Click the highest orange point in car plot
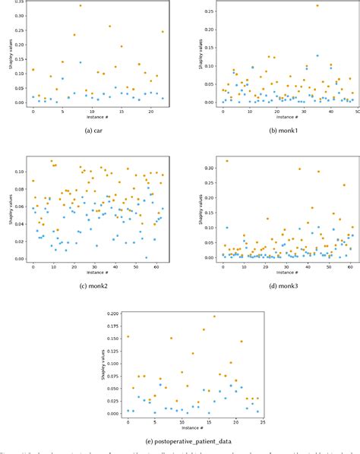click(81, 5)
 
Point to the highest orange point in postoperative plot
click(214, 317)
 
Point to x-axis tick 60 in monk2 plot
click(155, 266)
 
